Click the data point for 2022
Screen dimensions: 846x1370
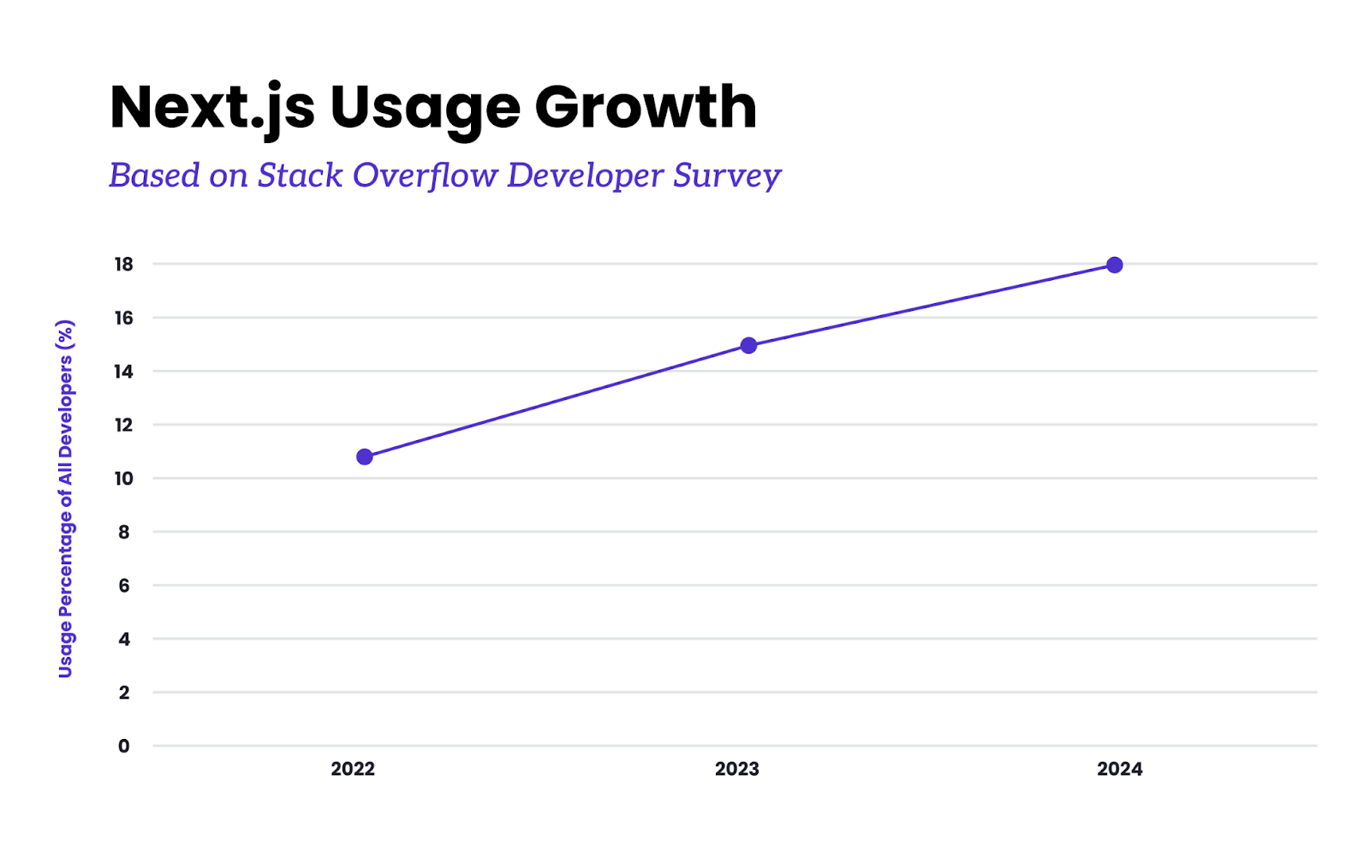tap(365, 456)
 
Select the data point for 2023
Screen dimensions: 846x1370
tap(748, 345)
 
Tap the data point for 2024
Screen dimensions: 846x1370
tap(1114, 265)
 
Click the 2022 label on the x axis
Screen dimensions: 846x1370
tap(353, 769)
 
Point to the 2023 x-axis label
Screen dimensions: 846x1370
tap(736, 769)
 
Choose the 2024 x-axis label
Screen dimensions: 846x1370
tap(1119, 769)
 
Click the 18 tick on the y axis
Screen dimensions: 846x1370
tap(124, 264)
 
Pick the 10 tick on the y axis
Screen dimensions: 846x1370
tap(124, 478)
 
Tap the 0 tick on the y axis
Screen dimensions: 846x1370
tap(124, 746)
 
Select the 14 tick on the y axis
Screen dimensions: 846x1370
tap(124, 371)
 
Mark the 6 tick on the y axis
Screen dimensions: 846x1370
tap(124, 585)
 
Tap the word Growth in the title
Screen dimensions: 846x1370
tap(646, 108)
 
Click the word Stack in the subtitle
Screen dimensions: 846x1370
tap(301, 175)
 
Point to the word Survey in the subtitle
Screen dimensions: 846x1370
tap(727, 176)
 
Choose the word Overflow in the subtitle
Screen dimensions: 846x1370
tap(426, 175)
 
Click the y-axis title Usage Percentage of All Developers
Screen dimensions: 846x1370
tap(66, 498)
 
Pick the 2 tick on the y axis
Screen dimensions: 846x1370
tap(124, 692)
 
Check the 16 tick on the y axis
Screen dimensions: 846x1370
tap(124, 318)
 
